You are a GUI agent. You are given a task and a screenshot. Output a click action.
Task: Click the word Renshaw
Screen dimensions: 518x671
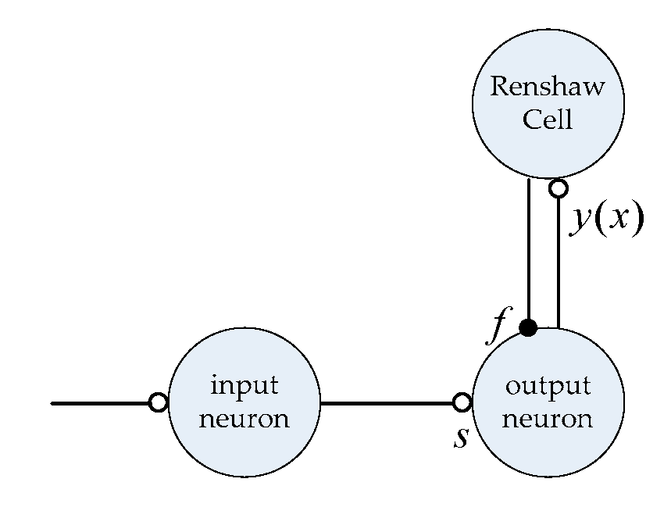[x=548, y=86]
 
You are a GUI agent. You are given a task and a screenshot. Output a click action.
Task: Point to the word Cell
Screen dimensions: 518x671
[x=548, y=120]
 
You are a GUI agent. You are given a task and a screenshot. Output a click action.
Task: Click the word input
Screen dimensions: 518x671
[x=244, y=386]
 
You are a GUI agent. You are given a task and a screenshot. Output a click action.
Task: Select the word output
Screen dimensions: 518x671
[x=548, y=386]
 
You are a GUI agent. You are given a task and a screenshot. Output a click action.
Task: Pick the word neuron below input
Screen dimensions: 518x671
[x=244, y=420]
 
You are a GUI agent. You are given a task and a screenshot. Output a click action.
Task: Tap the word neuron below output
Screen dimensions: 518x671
[x=548, y=420]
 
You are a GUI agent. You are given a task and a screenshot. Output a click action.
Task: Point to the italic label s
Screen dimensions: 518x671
[x=462, y=437]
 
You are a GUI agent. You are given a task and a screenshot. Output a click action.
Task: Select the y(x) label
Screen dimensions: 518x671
[x=606, y=220]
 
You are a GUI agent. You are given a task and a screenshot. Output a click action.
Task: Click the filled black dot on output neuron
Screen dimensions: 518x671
[x=529, y=328]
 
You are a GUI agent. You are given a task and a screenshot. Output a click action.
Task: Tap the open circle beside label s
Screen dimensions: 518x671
[x=462, y=402]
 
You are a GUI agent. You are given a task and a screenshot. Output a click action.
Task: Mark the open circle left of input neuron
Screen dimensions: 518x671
[x=159, y=403]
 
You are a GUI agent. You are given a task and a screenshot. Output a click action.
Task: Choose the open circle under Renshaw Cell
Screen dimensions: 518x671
[x=558, y=188]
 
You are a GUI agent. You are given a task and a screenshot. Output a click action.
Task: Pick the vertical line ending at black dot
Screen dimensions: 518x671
[x=529, y=250]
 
